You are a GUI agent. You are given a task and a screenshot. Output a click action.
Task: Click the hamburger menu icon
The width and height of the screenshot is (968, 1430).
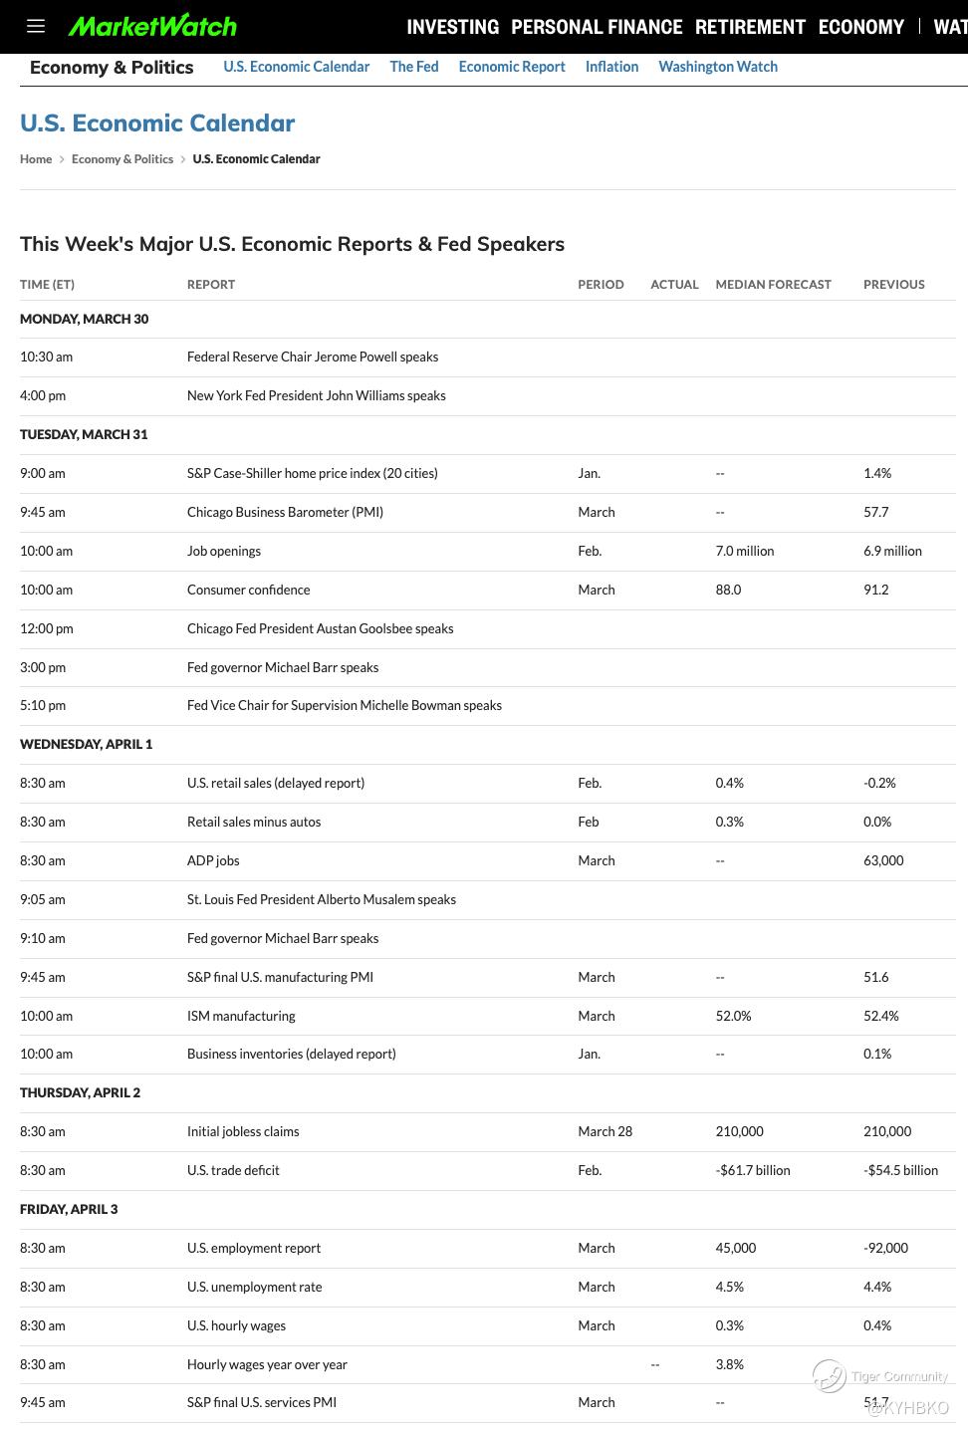point(36,26)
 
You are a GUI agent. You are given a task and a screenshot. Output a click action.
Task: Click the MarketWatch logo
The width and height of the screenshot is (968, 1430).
point(152,26)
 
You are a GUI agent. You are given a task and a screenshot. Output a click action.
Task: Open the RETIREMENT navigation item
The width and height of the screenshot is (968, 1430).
point(750,27)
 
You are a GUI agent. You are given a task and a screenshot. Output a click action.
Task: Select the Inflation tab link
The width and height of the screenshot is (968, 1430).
point(611,67)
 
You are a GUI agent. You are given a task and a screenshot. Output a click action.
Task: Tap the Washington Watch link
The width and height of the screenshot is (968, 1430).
point(718,67)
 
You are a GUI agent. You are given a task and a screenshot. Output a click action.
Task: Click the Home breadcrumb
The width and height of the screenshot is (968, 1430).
point(36,159)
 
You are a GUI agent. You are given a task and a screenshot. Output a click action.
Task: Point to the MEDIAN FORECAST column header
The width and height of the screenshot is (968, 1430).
point(773,285)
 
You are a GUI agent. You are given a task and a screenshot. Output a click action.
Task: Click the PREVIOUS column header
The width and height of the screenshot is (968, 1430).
point(893,285)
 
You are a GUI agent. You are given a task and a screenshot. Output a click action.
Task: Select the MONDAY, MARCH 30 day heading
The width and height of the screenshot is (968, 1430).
point(84,319)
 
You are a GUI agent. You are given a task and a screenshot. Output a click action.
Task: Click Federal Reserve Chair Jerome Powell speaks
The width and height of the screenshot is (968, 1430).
point(313,357)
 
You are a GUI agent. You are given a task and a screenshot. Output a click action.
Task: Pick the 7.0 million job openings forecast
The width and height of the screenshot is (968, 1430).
point(744,551)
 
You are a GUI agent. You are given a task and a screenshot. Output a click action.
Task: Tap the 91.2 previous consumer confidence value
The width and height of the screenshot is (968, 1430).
point(875,590)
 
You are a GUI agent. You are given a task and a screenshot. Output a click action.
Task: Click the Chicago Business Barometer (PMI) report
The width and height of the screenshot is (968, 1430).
point(285,512)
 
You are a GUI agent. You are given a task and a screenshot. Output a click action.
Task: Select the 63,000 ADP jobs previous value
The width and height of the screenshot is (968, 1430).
point(883,860)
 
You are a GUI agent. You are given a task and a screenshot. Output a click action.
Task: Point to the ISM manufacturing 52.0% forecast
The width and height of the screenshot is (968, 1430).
point(733,1016)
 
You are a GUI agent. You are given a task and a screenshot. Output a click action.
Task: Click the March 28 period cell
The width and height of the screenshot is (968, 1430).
point(605,1131)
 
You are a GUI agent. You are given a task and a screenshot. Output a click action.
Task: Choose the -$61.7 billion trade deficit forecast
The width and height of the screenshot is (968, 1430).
point(752,1170)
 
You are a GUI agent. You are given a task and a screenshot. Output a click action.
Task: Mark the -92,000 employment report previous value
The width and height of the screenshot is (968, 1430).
point(885,1248)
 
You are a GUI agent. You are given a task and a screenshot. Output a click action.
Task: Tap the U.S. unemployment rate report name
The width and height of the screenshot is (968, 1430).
point(254,1287)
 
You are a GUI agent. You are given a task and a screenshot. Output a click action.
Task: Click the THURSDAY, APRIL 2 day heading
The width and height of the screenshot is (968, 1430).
point(80,1092)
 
